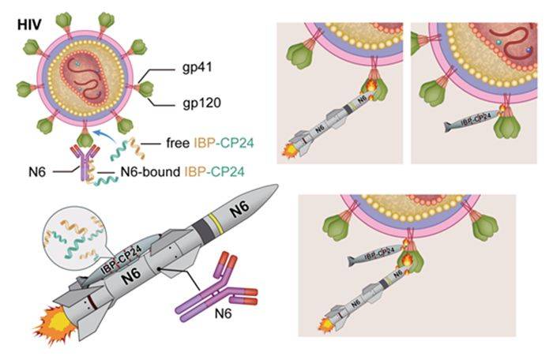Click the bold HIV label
click(x=29, y=25)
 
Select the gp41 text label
click(x=197, y=67)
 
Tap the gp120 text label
click(x=201, y=103)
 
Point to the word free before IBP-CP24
click(x=178, y=143)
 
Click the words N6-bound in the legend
click(x=150, y=172)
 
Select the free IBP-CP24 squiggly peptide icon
click(x=127, y=148)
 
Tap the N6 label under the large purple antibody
click(x=224, y=313)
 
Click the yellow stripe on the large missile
click(x=213, y=224)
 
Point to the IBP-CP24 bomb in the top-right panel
click(x=472, y=120)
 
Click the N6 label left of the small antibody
click(x=37, y=172)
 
